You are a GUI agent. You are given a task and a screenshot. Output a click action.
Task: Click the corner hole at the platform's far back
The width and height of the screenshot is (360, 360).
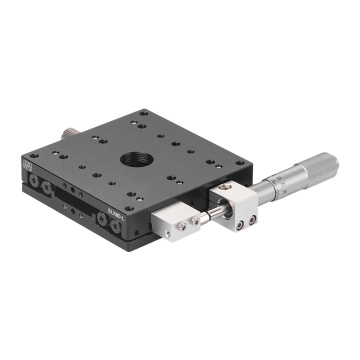pyautogui.click(x=141, y=113)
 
